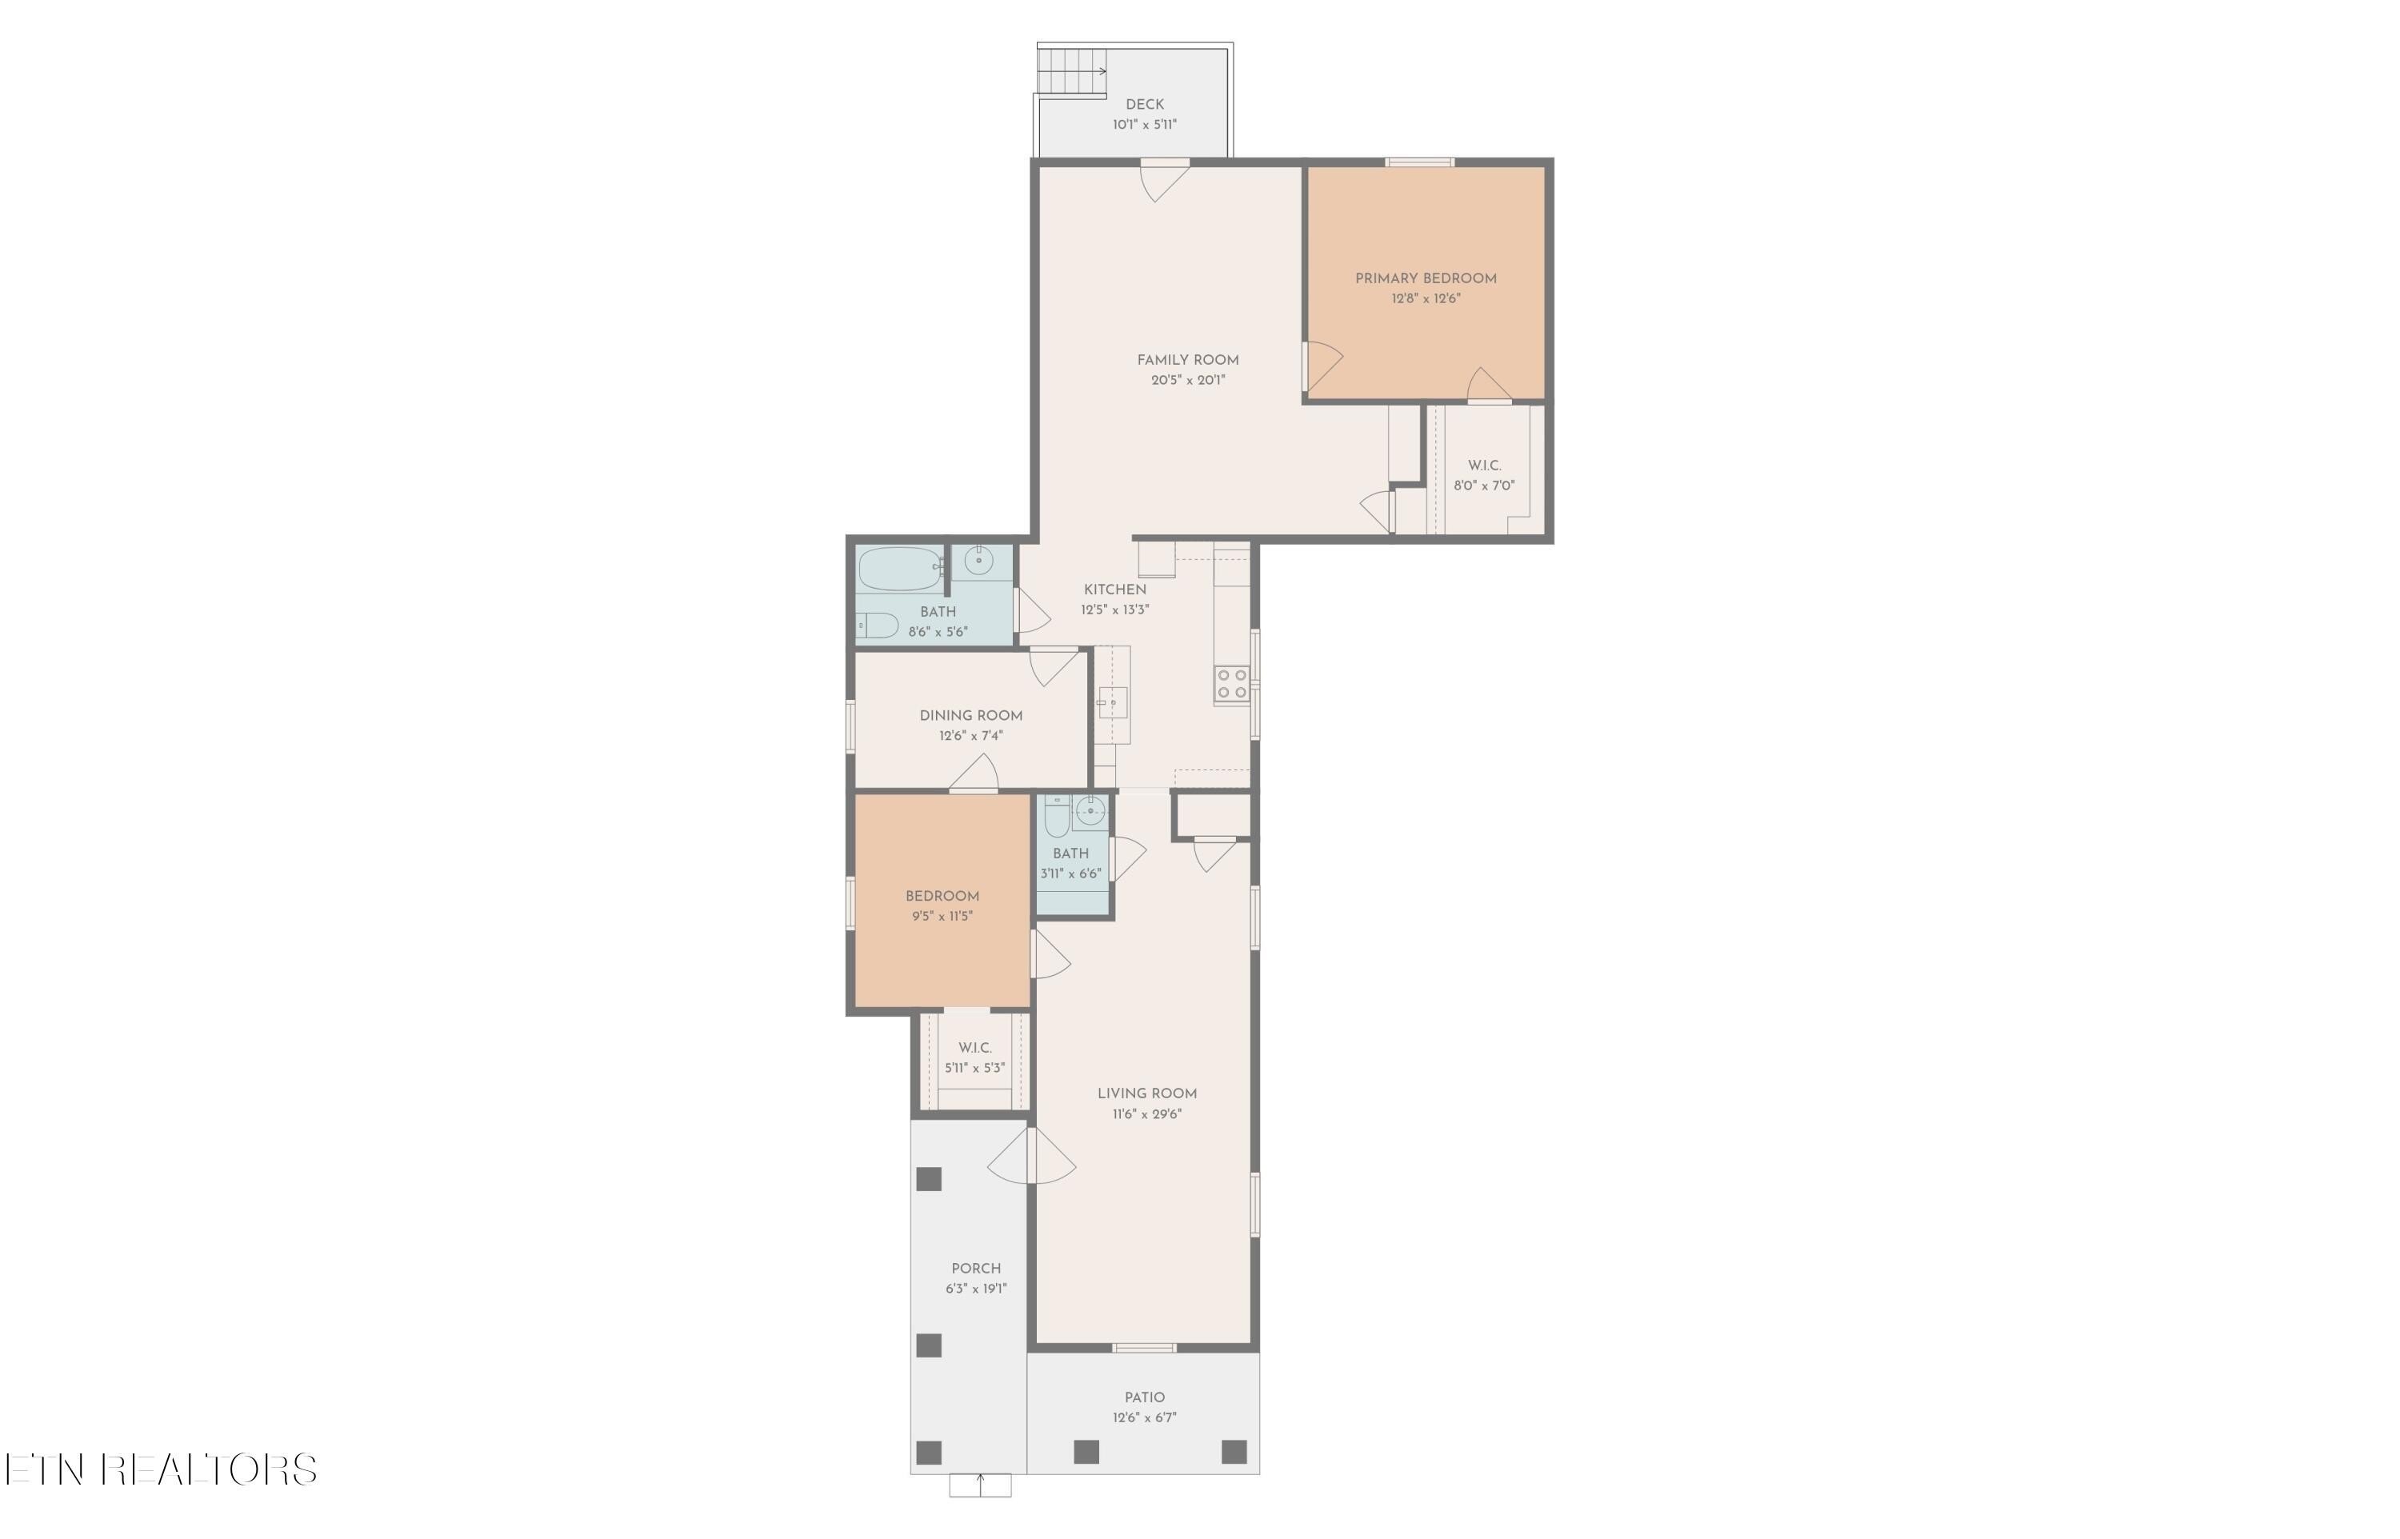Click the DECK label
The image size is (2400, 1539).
[1144, 104]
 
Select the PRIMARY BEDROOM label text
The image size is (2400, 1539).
[1425, 279]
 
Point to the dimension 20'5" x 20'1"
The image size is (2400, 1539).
[1187, 381]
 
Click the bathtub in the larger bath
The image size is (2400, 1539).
[900, 570]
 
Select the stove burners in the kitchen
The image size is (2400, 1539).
[1232, 685]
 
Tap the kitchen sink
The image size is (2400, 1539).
[1112, 702]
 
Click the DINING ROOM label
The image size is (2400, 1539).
[970, 716]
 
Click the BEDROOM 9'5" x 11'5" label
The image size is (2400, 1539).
[942, 897]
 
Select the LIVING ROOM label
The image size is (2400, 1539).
[1146, 1093]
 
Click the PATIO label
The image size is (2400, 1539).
[1144, 1397]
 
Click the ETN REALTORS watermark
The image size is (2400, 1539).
[160, 1469]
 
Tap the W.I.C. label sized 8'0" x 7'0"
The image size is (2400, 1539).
[1484, 466]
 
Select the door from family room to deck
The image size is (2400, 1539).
[1163, 179]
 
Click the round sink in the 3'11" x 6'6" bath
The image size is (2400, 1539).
[1091, 810]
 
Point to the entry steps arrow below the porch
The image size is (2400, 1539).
[979, 1484]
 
